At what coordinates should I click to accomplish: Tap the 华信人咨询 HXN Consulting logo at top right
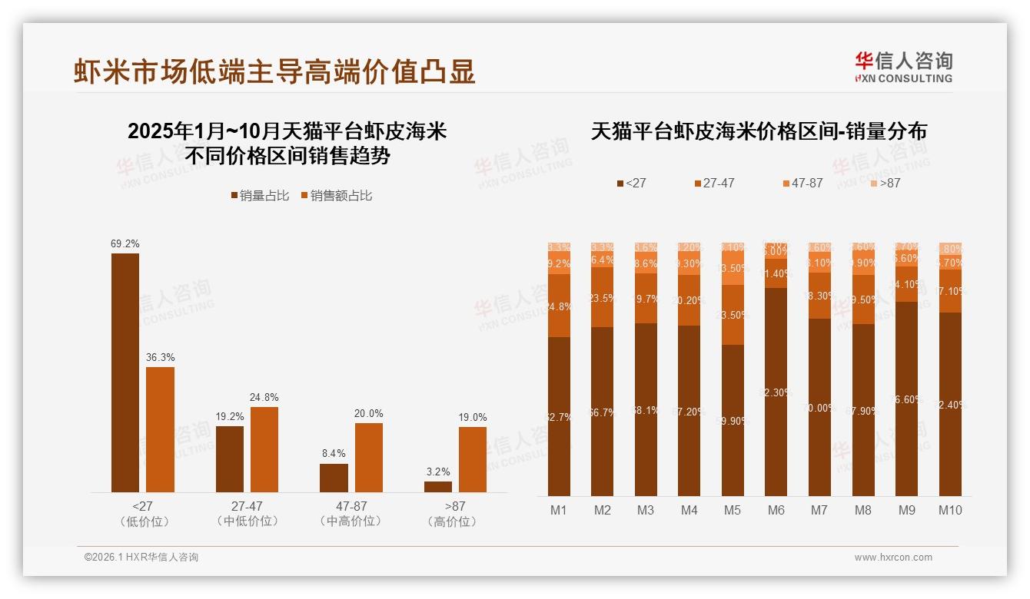pos(903,68)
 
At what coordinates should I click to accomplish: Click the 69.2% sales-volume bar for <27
pos(125,372)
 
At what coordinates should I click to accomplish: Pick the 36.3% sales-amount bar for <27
pos(161,429)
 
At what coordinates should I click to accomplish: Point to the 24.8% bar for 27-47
pos(264,449)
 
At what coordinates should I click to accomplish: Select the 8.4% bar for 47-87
pos(334,478)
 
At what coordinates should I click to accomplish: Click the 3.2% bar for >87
pos(438,487)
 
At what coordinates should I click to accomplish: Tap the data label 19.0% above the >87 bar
pos(473,418)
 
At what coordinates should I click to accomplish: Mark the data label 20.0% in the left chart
pos(368,414)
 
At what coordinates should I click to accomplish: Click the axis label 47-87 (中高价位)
pos(351,514)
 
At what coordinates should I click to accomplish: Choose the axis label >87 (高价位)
pos(455,514)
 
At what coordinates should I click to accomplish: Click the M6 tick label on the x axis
pos(776,510)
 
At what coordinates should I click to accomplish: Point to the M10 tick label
pos(950,510)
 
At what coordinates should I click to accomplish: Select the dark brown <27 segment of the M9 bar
pos(907,399)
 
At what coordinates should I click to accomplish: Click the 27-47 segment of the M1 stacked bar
pos(559,306)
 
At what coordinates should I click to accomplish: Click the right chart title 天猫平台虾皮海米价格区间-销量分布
pos(759,131)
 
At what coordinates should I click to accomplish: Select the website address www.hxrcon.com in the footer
pos(893,558)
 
